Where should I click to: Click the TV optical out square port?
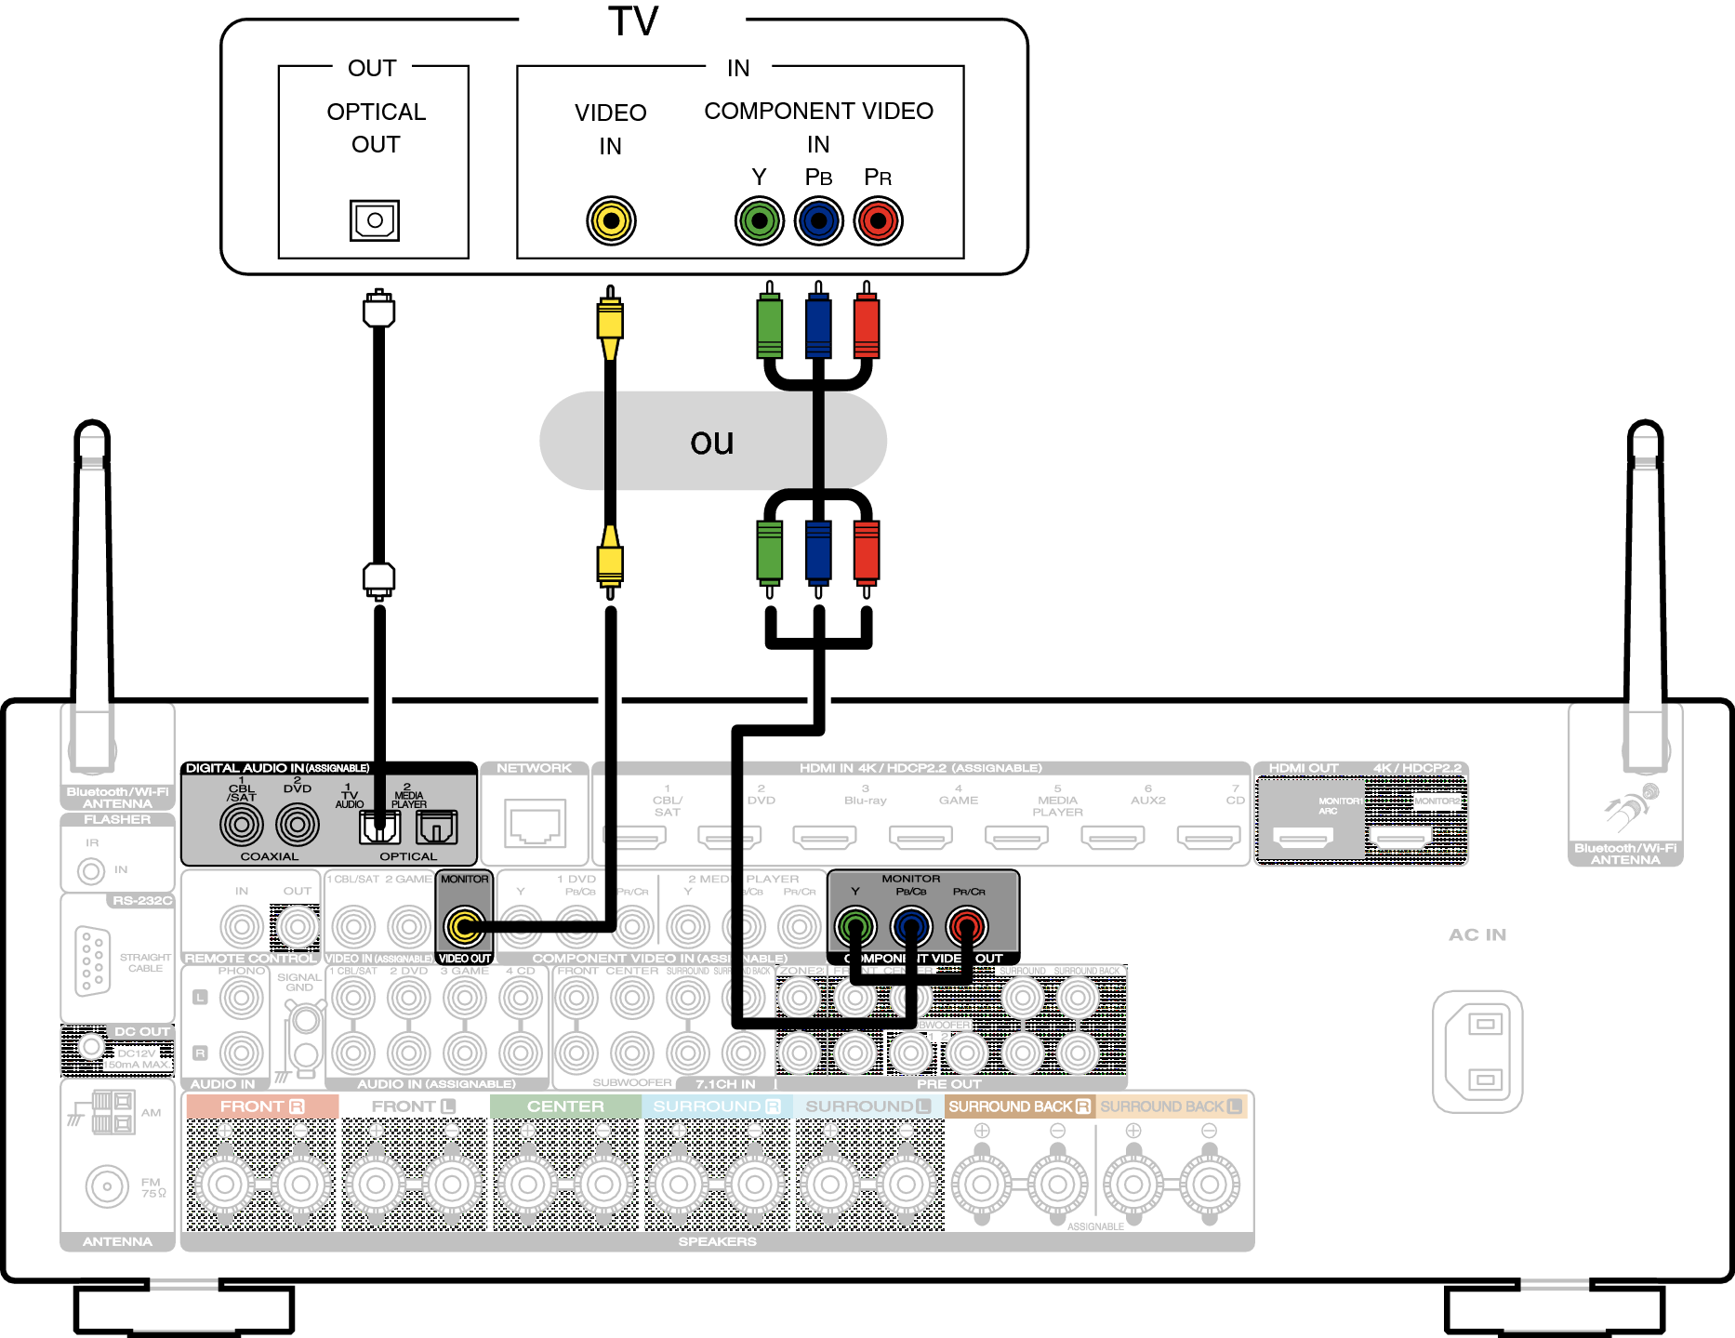(x=375, y=220)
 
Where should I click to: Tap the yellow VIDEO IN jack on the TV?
(x=611, y=220)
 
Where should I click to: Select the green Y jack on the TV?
(x=760, y=220)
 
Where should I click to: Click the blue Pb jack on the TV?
(x=818, y=220)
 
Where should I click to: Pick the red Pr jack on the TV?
(x=878, y=220)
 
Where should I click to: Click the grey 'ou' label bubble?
(x=712, y=442)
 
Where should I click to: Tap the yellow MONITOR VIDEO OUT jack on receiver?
(x=464, y=925)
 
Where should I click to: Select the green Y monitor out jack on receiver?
(x=855, y=926)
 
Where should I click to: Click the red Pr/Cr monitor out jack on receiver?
(x=967, y=926)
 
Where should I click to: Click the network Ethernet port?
(x=536, y=823)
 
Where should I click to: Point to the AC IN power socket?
(x=1477, y=1052)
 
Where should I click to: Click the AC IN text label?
(x=1477, y=934)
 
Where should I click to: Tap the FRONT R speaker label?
(x=261, y=1106)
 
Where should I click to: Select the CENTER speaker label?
(x=565, y=1106)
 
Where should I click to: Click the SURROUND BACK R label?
(x=1019, y=1106)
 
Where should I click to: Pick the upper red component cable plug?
(x=866, y=325)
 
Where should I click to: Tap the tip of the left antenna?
(x=92, y=430)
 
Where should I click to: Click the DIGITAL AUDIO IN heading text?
(x=277, y=768)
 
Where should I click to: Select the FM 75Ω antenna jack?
(x=107, y=1186)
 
